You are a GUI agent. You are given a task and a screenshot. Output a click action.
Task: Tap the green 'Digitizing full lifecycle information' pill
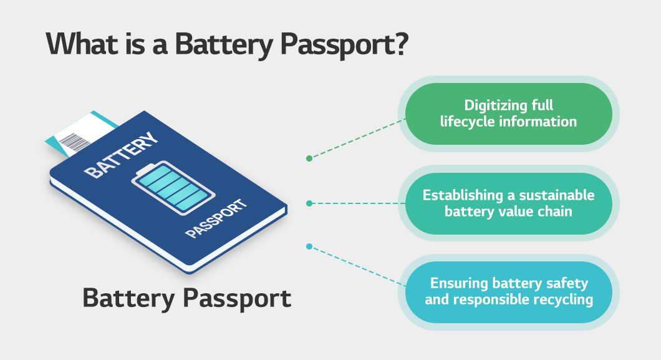508,114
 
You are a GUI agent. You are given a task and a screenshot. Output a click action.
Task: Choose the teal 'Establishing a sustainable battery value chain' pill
508,203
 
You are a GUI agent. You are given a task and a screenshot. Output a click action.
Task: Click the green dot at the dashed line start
309,158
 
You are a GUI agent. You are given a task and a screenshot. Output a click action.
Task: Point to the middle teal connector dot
309,203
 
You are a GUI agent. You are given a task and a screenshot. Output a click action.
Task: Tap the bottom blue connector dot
309,246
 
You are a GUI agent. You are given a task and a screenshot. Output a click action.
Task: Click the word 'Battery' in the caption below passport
128,298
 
